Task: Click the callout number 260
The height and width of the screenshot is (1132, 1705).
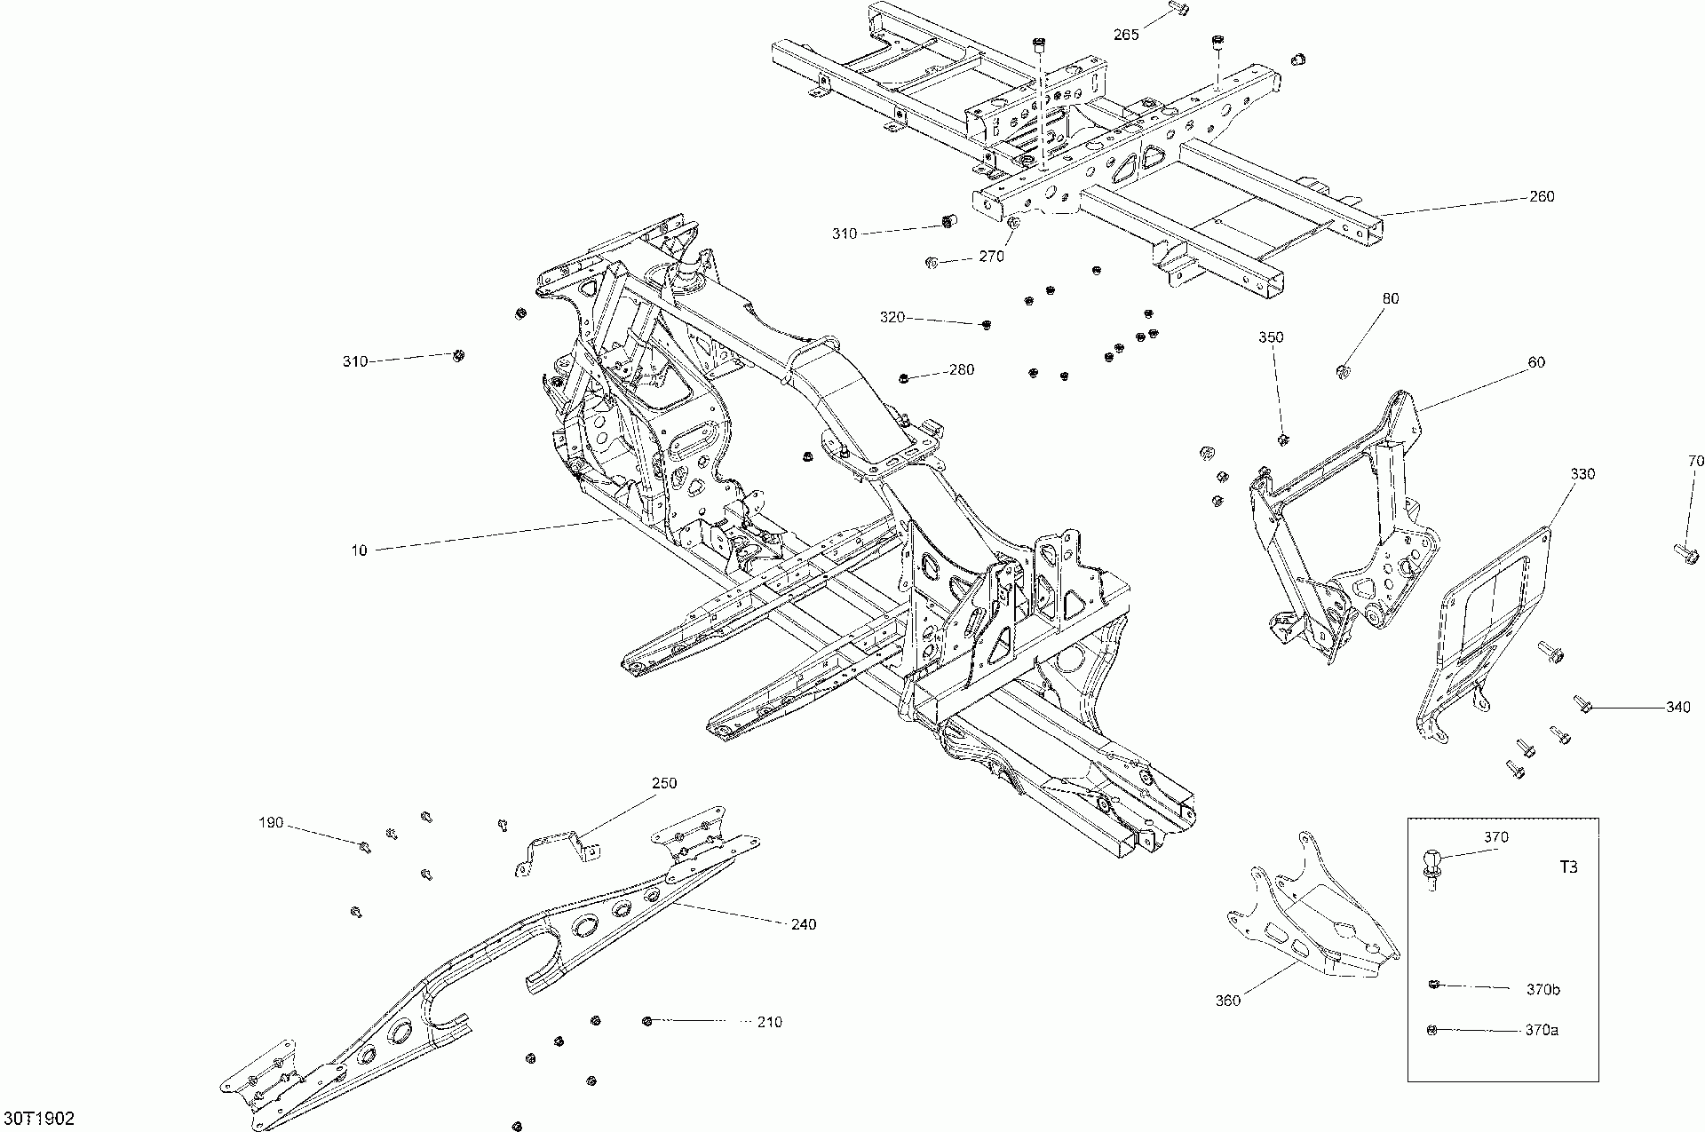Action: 1542,196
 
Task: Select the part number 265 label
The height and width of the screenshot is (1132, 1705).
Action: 1126,35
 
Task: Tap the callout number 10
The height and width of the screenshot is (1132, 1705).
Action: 359,550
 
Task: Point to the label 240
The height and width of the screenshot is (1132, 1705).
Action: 803,924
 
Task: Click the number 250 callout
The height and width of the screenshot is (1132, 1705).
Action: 664,783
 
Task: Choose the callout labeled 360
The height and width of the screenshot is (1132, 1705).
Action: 1227,1001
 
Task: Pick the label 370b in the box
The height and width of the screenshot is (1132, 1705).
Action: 1542,989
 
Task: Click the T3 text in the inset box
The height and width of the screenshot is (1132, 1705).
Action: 1568,867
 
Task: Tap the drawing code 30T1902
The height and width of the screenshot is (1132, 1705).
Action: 39,1115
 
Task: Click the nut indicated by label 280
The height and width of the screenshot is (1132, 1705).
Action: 904,379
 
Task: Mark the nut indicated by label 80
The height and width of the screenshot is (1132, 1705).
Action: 1344,370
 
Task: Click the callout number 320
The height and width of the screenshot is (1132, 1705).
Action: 892,317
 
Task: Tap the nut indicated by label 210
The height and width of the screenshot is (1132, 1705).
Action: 647,1021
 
